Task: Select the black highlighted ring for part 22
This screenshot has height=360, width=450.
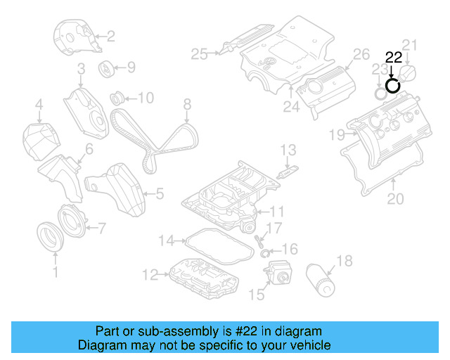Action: click(393, 86)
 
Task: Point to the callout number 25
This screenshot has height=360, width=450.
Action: click(199, 53)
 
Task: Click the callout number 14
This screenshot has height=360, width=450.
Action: click(165, 241)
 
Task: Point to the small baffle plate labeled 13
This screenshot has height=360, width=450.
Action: click(287, 172)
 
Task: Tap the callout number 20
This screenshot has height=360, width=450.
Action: click(396, 199)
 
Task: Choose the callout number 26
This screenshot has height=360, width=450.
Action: click(361, 54)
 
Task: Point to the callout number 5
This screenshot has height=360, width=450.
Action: click(159, 192)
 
